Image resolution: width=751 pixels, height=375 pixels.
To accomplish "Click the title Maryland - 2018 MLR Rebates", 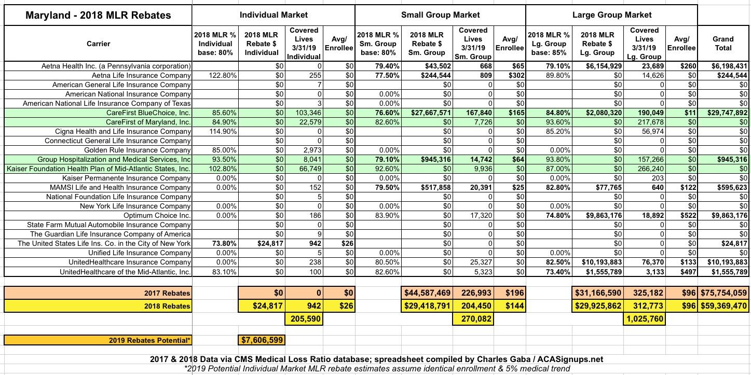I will pos(99,15).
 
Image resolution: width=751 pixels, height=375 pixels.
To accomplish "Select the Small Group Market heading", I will pos(440,15).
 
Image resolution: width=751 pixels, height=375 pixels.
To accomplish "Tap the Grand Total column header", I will pos(723,43).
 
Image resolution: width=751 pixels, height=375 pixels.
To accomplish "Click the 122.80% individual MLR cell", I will pos(223,75).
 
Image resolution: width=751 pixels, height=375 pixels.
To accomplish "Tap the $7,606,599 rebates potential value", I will pos(262,340).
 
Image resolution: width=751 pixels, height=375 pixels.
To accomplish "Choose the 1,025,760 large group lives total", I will pos(644,318).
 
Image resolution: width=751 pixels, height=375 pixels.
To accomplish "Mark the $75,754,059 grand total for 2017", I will pos(724,293).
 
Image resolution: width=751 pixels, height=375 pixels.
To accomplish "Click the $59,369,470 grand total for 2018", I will pos(724,306).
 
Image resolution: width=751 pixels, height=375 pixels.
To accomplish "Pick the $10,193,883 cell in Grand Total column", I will pos(724,262).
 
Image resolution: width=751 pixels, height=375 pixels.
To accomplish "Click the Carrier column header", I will pos(98,44).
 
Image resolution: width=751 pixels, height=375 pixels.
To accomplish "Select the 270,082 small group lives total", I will pos(473,318).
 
